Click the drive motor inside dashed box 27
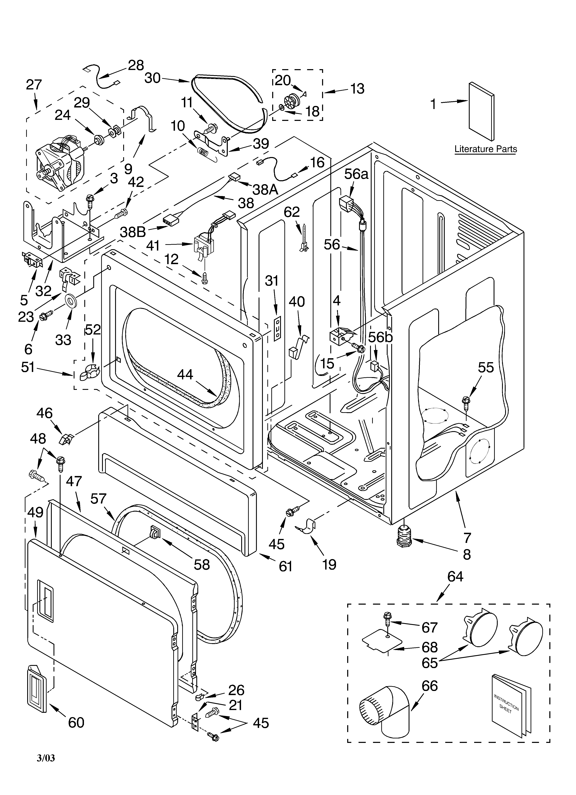tap(60, 165)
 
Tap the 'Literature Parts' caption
tap(486, 149)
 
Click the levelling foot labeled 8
tap(405, 536)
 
